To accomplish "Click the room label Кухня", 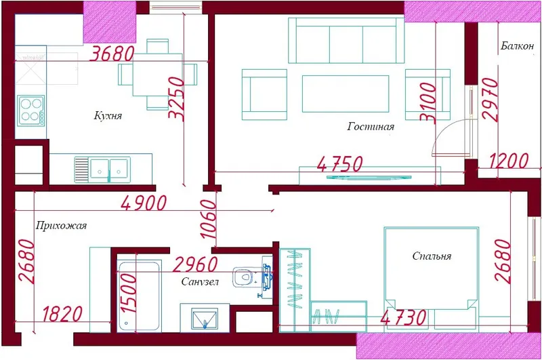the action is [x=108, y=115].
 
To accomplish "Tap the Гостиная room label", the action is [x=371, y=127].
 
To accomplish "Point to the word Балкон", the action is [x=517, y=46].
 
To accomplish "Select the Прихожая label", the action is [x=61, y=226].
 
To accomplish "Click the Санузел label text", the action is [x=200, y=282].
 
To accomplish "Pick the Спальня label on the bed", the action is [x=432, y=256].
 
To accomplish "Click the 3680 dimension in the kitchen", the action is [x=112, y=54].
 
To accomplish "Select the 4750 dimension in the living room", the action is [x=340, y=164].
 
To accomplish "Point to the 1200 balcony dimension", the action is [x=509, y=161].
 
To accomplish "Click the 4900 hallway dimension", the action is [x=144, y=203].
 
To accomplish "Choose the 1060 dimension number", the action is [x=209, y=219].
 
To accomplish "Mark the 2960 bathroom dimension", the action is [x=195, y=264].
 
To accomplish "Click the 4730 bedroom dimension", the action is [x=403, y=317].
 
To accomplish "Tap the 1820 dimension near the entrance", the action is [x=62, y=314].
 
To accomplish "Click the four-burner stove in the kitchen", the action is [x=31, y=111].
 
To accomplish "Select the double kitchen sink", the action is [x=103, y=169].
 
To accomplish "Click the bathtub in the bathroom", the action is [x=139, y=296].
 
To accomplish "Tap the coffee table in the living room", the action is [x=346, y=94].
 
